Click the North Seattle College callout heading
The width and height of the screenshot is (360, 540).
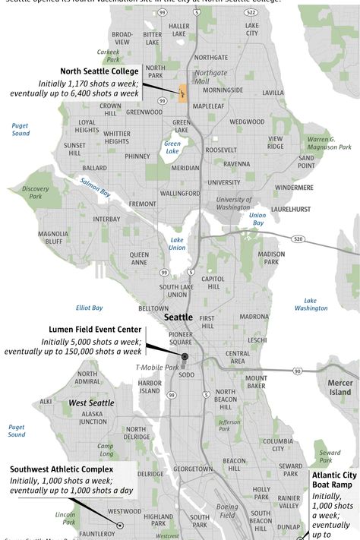click(x=99, y=71)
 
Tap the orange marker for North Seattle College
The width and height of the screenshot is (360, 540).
click(x=182, y=94)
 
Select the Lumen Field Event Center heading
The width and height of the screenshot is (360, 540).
click(x=95, y=330)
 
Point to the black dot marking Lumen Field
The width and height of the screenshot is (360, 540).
click(x=185, y=356)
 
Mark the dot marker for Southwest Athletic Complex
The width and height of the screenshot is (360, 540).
click(x=118, y=524)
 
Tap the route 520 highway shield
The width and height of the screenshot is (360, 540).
click(x=298, y=238)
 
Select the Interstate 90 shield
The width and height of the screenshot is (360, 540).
click(x=298, y=371)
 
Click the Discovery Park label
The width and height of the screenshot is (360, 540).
click(x=35, y=191)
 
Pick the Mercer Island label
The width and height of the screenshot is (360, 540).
click(x=339, y=387)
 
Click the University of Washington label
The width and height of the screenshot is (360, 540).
click(x=233, y=203)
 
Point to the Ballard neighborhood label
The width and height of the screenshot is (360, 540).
click(x=94, y=168)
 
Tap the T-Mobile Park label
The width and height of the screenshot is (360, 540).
click(x=157, y=368)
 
